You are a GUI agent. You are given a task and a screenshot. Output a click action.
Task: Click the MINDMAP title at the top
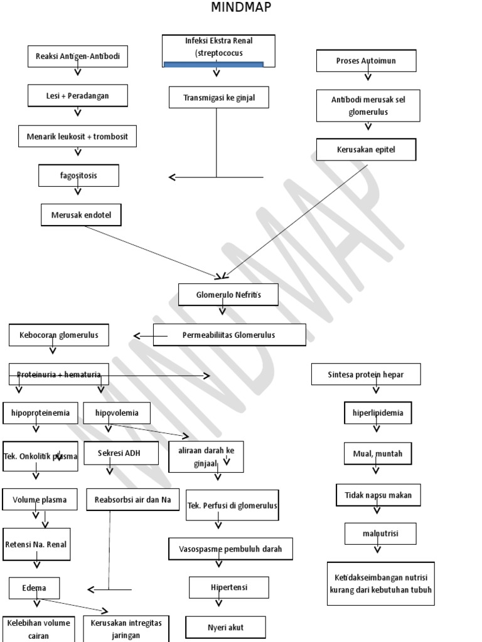[242, 8]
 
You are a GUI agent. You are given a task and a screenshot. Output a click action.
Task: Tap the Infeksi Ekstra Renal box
[220, 48]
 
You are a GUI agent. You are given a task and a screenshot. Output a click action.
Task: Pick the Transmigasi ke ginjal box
[218, 97]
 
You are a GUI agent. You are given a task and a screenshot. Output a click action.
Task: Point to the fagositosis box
[78, 176]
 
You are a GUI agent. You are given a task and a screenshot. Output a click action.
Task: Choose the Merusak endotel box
[81, 214]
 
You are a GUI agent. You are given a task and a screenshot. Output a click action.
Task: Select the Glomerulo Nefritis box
[228, 295]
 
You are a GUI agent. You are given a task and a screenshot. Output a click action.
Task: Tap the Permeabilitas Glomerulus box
[229, 335]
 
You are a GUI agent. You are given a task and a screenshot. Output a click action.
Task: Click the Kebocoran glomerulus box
[58, 335]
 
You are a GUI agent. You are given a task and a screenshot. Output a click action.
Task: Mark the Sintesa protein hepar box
[366, 374]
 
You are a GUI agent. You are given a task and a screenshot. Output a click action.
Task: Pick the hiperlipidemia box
[378, 413]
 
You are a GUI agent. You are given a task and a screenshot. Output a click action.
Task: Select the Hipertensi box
[229, 587]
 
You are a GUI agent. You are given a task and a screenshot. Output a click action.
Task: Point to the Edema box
[36, 588]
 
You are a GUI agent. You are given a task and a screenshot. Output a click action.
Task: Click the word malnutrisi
[380, 534]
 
